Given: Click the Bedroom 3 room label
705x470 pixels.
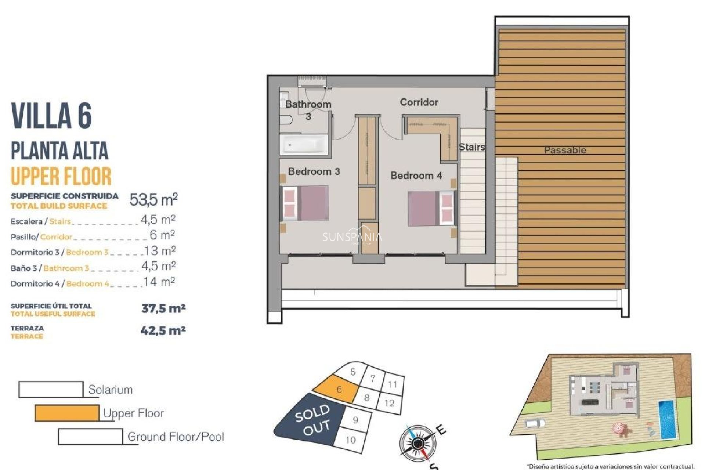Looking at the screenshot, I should (314, 171).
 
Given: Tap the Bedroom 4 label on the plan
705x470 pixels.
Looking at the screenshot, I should (416, 176).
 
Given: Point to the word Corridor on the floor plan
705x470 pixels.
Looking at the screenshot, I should (419, 102).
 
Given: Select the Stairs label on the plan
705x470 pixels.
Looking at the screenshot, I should (472, 147).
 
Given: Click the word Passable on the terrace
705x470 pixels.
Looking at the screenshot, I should (565, 150).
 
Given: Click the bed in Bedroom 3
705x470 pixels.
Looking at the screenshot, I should (305, 203).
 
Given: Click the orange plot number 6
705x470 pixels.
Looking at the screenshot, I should (339, 389).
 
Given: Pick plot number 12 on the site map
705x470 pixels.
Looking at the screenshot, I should (389, 403).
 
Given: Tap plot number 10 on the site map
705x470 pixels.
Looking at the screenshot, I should (351, 440).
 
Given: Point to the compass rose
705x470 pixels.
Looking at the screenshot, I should (417, 444).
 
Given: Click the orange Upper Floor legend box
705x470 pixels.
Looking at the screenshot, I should (67, 413).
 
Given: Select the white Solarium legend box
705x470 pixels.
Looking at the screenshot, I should (51, 390).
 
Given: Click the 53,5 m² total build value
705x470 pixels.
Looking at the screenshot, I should (153, 200).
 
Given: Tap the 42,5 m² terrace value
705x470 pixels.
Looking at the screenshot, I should (163, 330).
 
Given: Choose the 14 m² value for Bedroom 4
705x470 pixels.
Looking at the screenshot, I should (159, 282).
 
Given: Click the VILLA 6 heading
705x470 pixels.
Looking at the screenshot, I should (51, 116).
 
